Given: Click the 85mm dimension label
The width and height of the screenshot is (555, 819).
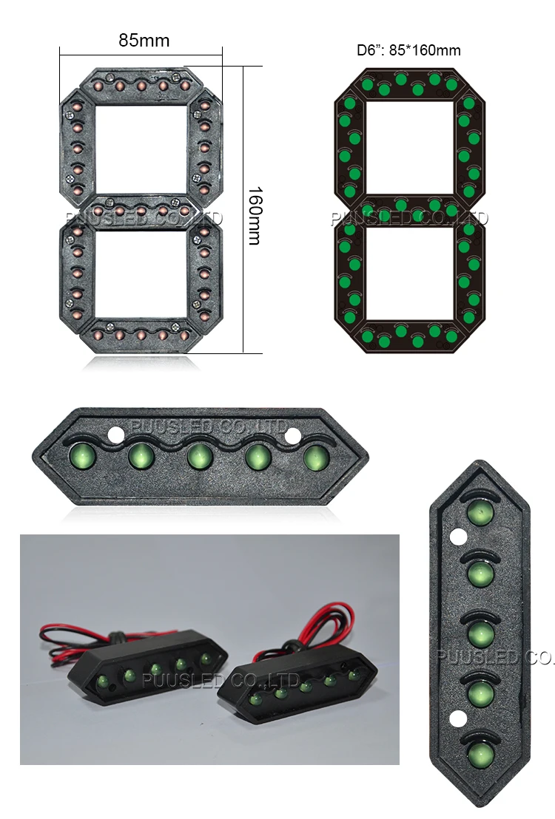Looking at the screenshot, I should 144,41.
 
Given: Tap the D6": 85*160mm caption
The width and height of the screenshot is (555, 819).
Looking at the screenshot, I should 408,50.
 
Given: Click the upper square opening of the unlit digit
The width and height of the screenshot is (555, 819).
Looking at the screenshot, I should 141,149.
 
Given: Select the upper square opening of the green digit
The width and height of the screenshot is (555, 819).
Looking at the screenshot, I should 409,145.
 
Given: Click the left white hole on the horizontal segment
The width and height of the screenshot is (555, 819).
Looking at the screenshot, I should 117,435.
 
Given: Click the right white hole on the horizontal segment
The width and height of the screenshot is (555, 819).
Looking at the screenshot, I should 293,436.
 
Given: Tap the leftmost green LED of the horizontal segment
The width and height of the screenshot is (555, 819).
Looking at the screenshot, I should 81,455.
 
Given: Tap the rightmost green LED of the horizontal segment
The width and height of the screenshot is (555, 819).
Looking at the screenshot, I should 315,457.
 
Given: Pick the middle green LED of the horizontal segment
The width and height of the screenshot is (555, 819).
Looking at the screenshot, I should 198,456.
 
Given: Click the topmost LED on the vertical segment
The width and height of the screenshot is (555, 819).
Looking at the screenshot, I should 480,512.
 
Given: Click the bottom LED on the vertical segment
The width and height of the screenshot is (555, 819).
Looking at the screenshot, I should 480,755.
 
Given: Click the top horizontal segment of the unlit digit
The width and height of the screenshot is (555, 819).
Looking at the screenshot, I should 141,84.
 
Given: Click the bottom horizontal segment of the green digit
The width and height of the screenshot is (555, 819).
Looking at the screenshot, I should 409,336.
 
